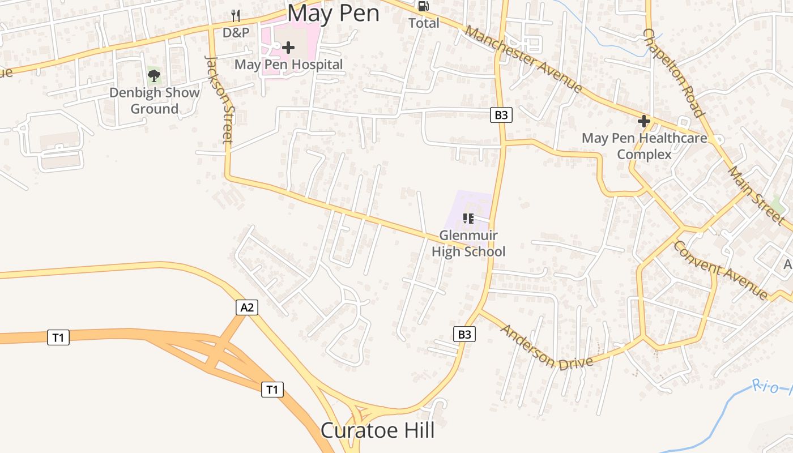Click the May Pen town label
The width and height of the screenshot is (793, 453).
(x=333, y=12)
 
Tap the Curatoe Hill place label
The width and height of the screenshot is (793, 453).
(x=378, y=430)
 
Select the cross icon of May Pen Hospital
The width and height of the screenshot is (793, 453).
(x=288, y=47)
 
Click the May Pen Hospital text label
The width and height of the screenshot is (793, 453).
(x=288, y=65)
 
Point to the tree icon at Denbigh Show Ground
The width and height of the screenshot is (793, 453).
(x=154, y=75)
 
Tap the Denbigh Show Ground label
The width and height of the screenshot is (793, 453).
(x=154, y=101)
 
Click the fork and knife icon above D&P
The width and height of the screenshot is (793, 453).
(x=236, y=16)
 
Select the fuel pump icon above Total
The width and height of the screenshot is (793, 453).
(x=424, y=6)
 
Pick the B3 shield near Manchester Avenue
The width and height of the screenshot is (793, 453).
(x=501, y=115)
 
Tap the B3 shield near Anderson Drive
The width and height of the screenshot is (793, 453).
(x=464, y=334)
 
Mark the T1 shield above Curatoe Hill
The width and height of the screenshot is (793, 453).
(x=272, y=390)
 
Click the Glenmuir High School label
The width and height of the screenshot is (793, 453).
(x=468, y=243)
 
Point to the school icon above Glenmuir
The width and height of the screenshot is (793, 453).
(x=468, y=218)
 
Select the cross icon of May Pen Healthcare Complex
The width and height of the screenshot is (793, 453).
(x=643, y=121)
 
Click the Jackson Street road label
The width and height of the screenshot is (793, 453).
(x=219, y=99)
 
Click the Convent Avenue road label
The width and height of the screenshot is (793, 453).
(x=720, y=270)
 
